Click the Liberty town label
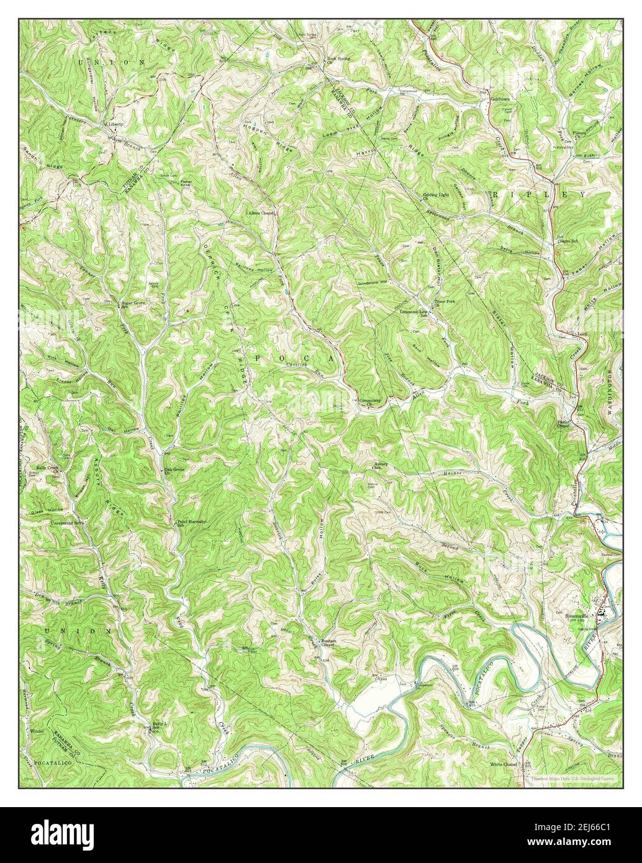point(116,124)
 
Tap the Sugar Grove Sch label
point(133,304)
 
